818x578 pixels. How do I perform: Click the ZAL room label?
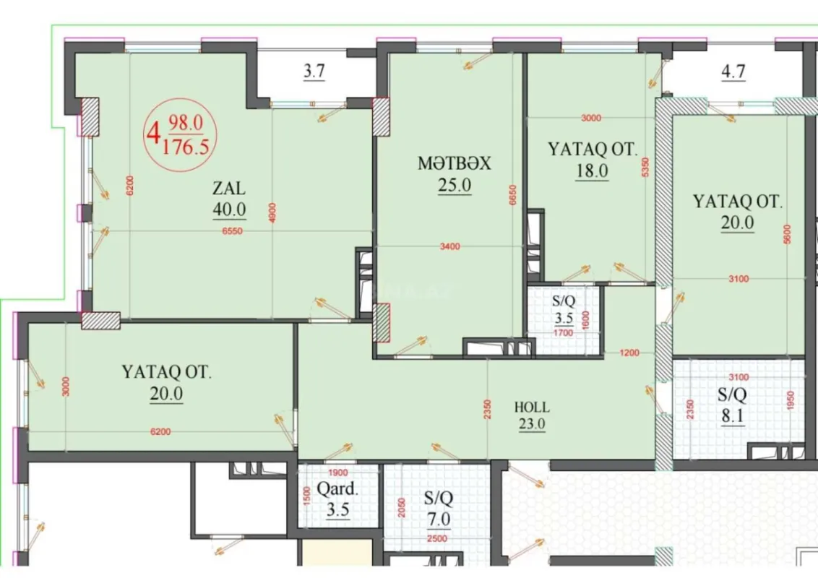(x=228, y=189)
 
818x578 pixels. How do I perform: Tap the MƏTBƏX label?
(x=454, y=163)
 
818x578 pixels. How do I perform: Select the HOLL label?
(x=531, y=407)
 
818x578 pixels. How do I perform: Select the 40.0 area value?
(x=229, y=210)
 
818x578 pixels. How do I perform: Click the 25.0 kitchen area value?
(x=454, y=185)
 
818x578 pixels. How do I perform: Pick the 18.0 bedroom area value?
(x=592, y=171)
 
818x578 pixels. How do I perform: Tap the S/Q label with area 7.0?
(x=437, y=499)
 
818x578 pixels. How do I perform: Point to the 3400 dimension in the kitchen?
(x=449, y=247)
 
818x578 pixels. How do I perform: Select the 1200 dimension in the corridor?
(x=629, y=353)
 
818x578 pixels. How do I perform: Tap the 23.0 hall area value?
(x=531, y=425)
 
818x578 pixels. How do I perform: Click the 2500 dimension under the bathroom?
(x=437, y=538)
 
